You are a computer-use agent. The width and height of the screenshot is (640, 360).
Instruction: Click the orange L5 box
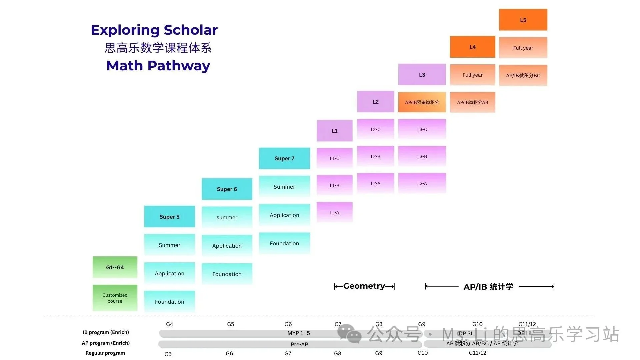523,20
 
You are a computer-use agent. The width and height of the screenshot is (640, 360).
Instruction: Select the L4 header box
472,47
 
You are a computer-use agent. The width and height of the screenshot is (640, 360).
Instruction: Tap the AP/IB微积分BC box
523,75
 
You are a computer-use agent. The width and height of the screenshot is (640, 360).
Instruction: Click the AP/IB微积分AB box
472,102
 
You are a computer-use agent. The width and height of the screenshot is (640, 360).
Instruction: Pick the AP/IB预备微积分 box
422,102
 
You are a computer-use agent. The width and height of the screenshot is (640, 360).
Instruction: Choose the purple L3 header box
422,75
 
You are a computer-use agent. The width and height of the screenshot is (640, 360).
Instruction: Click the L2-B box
375,156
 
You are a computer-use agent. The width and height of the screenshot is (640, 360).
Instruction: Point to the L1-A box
334,212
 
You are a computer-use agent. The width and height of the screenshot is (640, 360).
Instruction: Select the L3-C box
422,129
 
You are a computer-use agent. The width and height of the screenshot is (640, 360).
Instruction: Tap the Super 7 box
284,158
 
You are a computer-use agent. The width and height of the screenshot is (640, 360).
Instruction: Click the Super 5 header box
169,217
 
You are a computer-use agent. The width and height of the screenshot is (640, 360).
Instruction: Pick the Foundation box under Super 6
227,274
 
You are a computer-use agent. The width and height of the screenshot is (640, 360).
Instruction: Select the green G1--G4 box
115,267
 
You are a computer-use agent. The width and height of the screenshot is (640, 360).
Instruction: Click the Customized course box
115,298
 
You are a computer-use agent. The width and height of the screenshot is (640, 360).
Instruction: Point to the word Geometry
364,286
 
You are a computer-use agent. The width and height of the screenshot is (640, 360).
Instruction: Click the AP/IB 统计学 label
488,287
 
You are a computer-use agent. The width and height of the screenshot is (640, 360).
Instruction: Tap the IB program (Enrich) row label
106,332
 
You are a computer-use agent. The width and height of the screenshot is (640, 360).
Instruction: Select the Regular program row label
105,353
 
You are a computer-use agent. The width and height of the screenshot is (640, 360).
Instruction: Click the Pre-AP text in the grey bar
299,344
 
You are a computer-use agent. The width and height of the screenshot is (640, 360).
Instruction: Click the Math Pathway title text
158,66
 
